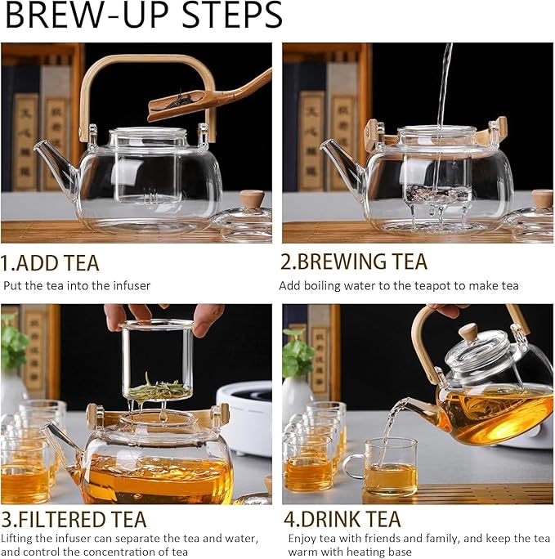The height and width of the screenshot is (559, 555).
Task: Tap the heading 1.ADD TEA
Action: click(50, 262)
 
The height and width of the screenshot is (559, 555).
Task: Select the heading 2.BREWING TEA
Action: click(354, 262)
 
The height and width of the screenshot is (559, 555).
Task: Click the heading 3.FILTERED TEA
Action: click(74, 519)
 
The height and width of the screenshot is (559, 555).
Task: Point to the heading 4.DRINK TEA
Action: click(342, 519)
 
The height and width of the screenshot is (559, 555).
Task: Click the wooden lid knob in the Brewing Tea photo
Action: click(542, 199)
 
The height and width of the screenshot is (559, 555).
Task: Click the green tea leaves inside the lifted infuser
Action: click(159, 389)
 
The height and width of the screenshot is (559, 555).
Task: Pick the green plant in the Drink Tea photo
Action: click(297, 353)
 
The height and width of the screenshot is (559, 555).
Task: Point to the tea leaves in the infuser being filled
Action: click(437, 193)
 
